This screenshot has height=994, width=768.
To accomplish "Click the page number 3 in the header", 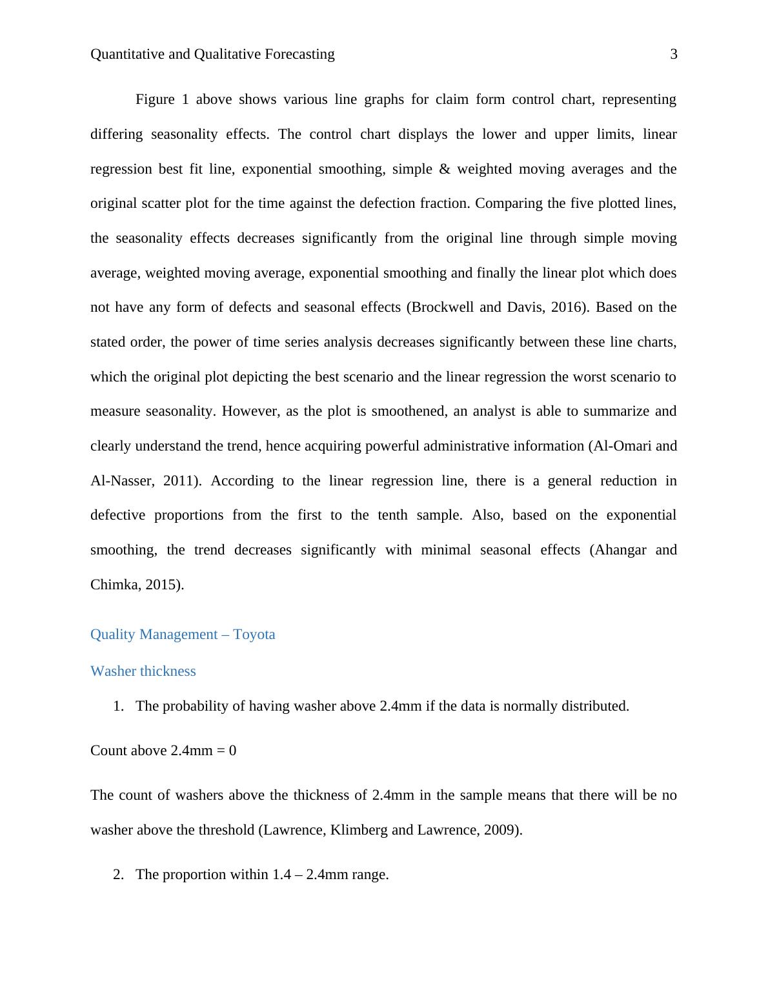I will tap(674, 54).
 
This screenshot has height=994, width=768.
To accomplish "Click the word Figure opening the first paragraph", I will tap(155, 99).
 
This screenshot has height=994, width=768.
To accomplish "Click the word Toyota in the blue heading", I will tap(254, 634).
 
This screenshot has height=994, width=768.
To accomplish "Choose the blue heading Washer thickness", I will tap(143, 671).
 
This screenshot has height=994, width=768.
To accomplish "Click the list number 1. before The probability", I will tap(118, 706).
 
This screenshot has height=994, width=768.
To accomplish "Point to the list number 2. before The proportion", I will tap(118, 875).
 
